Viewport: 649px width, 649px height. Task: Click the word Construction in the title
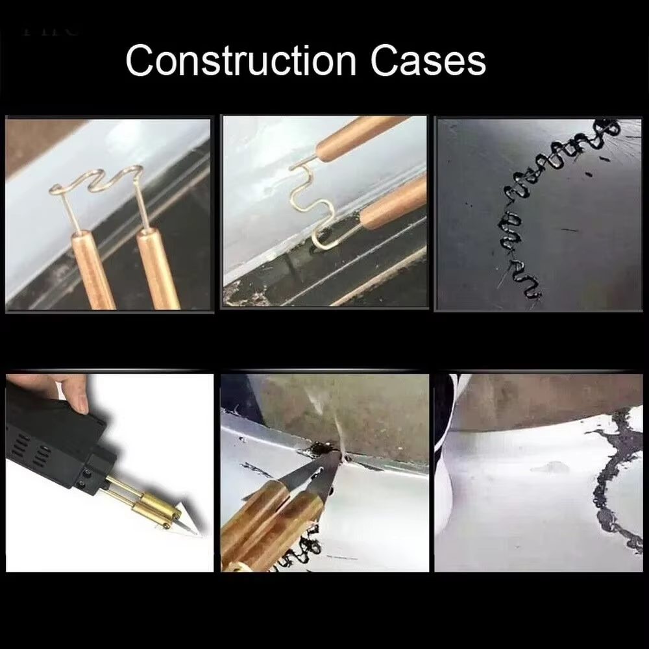point(241,61)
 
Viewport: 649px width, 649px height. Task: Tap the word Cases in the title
point(428,61)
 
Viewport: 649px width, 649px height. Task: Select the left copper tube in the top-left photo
point(93,270)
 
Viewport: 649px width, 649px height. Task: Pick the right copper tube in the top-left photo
point(158,269)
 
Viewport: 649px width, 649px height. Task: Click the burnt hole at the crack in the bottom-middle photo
point(320,449)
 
